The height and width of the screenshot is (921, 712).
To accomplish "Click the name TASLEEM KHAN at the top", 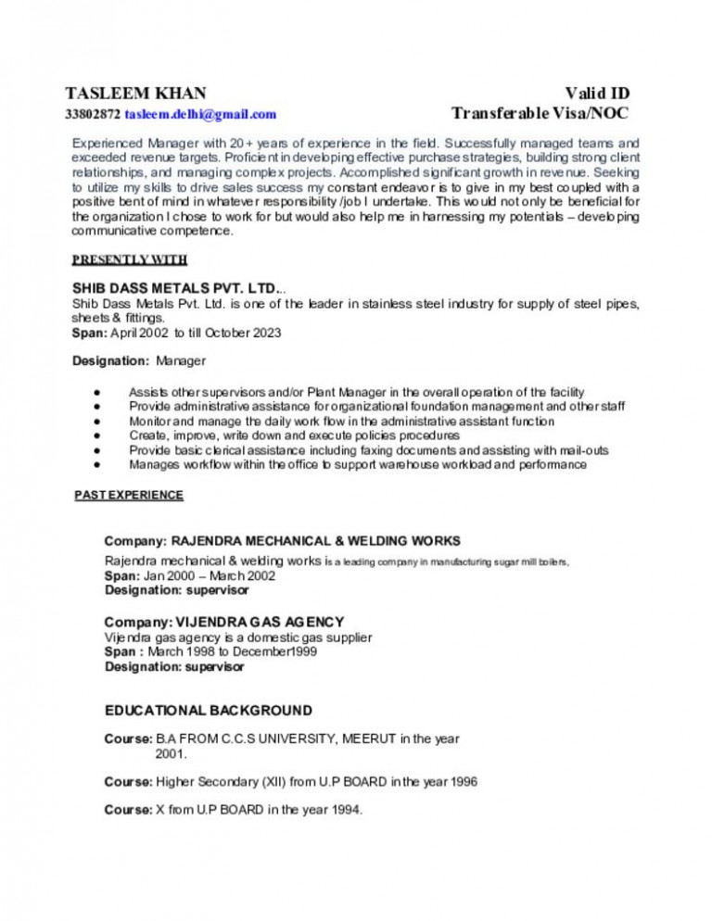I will coord(136,94).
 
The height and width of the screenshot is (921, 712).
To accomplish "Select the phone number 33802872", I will coord(93,115).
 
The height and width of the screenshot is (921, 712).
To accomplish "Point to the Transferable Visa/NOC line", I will coord(540,114).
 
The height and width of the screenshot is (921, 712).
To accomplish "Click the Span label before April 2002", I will coord(89,333).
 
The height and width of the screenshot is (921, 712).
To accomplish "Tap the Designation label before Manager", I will coord(110,360).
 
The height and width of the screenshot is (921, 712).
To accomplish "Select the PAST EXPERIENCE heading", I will coord(128,496).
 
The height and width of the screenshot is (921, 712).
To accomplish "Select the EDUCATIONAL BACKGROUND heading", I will coord(208,711).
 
